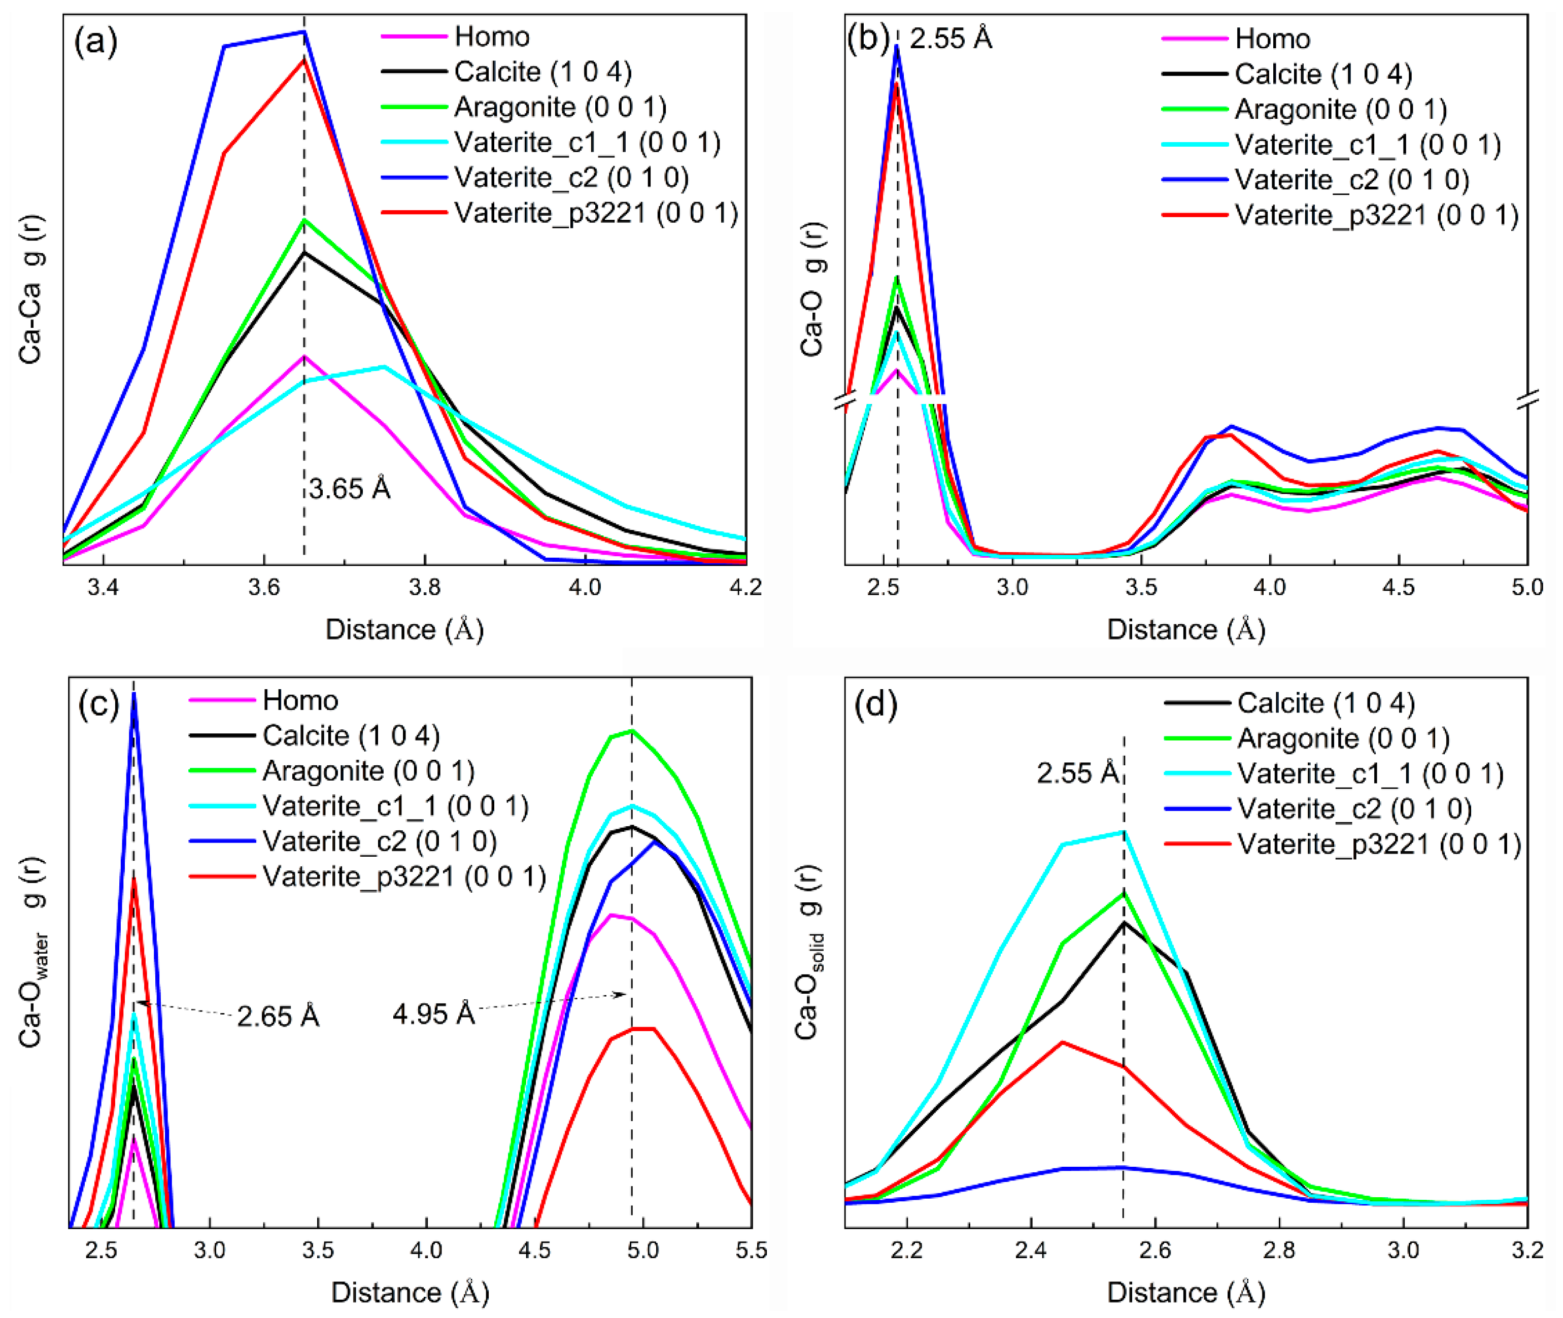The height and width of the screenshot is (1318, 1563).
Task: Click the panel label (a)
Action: (x=95, y=42)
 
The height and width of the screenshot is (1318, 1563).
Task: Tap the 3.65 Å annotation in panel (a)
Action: (x=349, y=489)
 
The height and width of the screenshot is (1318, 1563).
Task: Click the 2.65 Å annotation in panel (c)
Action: (x=278, y=1016)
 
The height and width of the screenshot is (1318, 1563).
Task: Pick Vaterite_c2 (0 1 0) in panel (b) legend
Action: (x=1351, y=179)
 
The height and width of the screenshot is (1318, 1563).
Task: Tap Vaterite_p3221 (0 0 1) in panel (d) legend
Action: (x=1378, y=843)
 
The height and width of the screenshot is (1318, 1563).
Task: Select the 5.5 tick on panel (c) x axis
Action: (x=750, y=1250)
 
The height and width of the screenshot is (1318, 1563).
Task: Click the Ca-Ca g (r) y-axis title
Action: (x=31, y=290)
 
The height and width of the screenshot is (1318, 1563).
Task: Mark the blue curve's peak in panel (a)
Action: (x=303, y=32)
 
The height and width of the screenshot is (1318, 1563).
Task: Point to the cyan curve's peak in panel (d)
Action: (x=1123, y=832)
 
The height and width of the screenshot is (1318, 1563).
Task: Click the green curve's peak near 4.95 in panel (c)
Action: (x=632, y=731)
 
